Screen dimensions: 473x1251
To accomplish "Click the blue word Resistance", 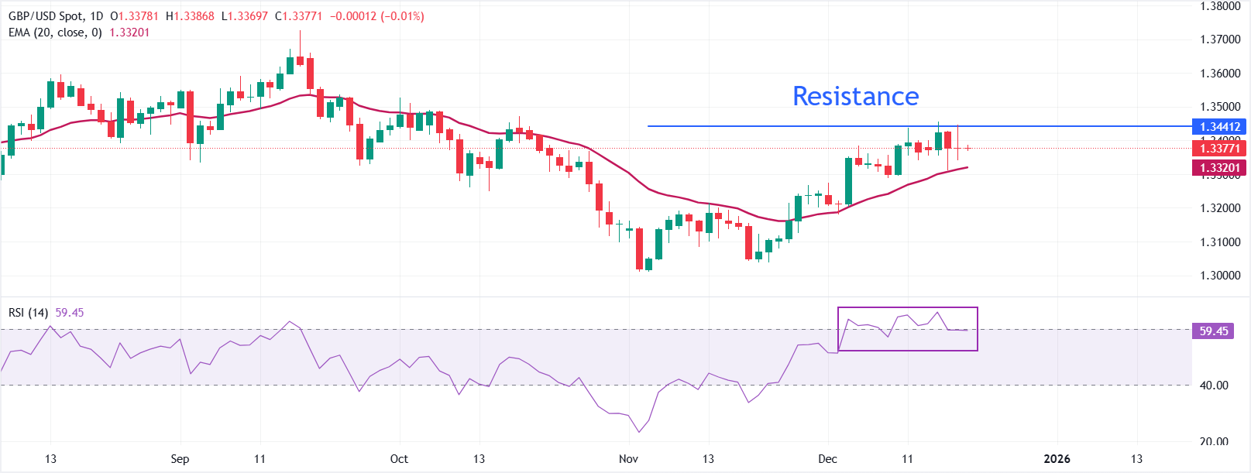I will [855, 96].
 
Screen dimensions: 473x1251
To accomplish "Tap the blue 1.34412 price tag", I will [1220, 126].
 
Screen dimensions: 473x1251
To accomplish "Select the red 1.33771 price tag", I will [1220, 148].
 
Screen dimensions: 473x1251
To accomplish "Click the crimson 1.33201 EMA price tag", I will [1220, 167].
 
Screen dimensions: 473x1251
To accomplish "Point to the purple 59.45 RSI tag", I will [1214, 331].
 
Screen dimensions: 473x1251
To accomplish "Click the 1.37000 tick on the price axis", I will [1220, 39].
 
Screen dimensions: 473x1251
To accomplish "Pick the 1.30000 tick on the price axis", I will [1220, 276].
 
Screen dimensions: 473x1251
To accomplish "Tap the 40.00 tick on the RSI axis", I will [1214, 385].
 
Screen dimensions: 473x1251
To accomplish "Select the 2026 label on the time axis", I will [1057, 458].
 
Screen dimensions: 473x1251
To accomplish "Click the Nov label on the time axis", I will [628, 458].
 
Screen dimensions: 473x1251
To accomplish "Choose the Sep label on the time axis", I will [180, 458].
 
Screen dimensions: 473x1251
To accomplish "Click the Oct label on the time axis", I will [399, 458].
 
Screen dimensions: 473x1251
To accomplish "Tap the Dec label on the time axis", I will [827, 458].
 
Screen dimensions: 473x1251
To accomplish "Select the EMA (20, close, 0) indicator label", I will [55, 33].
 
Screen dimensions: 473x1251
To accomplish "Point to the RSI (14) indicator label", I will [28, 312].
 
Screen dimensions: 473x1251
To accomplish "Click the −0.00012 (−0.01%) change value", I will [376, 16].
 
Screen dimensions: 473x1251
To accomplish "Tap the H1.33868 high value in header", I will [190, 16].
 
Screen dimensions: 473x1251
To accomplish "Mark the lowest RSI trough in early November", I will [639, 431].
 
